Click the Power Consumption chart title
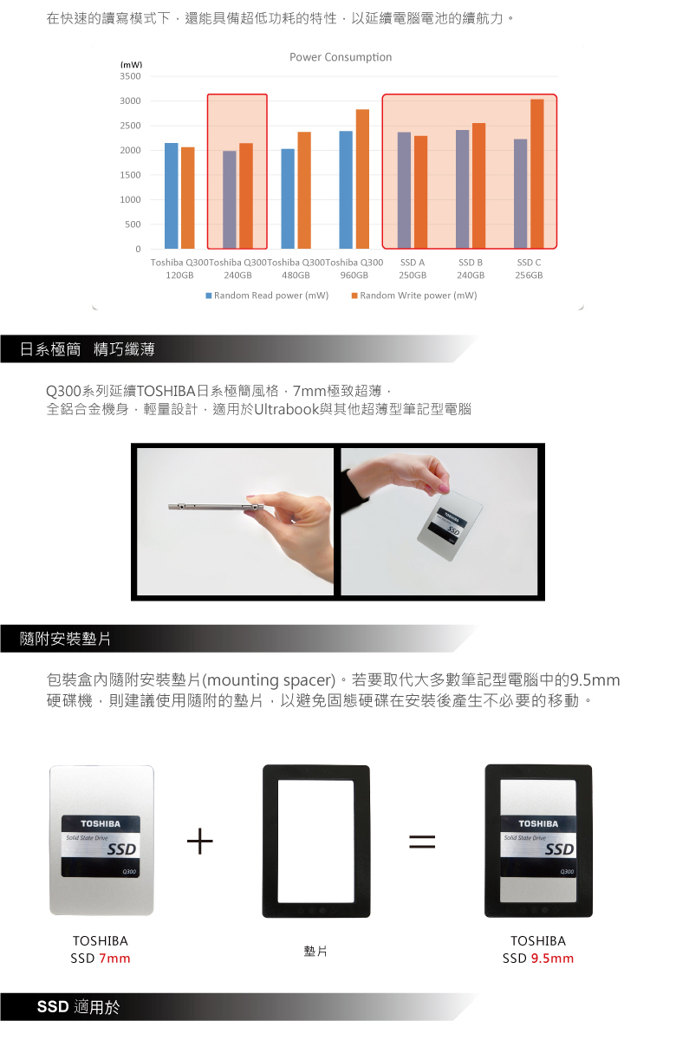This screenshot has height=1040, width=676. tap(341, 57)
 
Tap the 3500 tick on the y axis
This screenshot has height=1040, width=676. tap(130, 76)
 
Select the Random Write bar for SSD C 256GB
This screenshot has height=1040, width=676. tap(536, 173)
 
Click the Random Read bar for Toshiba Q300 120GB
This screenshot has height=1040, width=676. tap(172, 196)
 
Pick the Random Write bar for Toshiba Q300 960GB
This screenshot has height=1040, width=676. tap(362, 179)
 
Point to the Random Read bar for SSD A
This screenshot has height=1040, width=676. tap(404, 191)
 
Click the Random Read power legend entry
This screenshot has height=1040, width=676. tap(267, 296)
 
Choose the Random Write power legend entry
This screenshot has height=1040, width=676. tap(414, 296)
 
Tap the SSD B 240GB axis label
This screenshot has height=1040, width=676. tap(471, 269)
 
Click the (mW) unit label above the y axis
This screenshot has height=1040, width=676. tap(131, 64)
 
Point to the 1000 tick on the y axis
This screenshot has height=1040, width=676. tap(130, 199)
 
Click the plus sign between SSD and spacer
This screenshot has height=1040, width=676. tap(200, 841)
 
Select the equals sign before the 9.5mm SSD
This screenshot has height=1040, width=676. tap(422, 842)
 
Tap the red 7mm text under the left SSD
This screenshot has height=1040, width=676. tap(114, 959)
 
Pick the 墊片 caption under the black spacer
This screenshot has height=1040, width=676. tap(315, 952)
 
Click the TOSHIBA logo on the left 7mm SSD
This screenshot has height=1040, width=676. tap(101, 823)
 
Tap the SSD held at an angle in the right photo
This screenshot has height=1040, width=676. tap(450, 524)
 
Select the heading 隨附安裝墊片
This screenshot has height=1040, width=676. tap(65, 639)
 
